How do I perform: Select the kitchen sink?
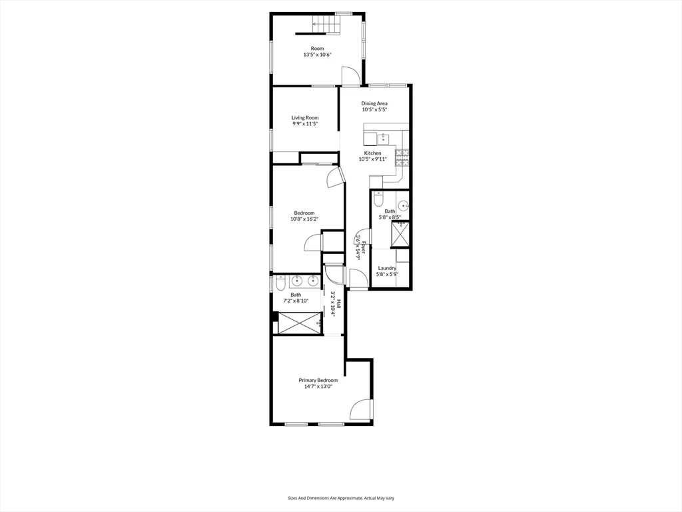(x=384, y=139)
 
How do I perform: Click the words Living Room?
(x=305, y=118)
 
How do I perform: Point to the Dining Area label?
(x=374, y=103)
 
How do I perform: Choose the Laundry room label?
(x=387, y=268)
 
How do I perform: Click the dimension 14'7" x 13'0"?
(x=318, y=387)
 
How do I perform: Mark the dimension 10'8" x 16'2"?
(x=304, y=219)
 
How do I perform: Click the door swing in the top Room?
(x=351, y=75)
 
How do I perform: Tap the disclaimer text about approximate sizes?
(x=341, y=498)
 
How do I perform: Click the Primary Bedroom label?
(x=318, y=380)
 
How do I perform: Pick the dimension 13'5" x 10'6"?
(x=317, y=55)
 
